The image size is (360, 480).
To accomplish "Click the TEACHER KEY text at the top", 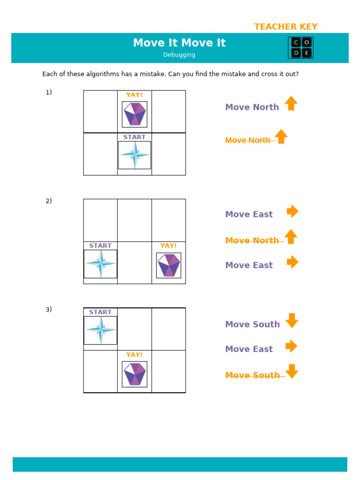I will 285,27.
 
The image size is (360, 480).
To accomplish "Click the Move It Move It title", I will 179,43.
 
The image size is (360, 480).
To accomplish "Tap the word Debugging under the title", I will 179,55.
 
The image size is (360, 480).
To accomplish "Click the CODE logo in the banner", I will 300,48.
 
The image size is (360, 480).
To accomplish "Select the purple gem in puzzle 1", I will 135,114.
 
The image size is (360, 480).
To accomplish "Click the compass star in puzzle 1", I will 135,155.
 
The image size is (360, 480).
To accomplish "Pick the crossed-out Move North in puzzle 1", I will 248,140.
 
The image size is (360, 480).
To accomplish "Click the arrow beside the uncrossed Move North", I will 291,104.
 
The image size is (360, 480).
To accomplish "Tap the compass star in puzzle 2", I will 100,264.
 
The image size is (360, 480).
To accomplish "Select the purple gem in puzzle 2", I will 168,265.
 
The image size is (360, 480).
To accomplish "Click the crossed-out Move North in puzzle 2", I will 252,240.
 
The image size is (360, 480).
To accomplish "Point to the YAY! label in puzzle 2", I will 168,246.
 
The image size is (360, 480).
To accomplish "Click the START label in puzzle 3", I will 100,312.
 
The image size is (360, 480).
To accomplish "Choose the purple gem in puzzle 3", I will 135,374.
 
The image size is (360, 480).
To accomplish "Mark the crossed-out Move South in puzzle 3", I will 253,375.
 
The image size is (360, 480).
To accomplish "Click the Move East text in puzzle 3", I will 249,349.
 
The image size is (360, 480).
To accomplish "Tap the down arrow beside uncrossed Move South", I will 292,321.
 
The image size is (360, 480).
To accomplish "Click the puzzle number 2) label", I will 49,201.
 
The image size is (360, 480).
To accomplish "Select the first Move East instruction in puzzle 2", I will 249,214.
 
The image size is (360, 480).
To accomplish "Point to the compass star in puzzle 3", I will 100,330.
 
